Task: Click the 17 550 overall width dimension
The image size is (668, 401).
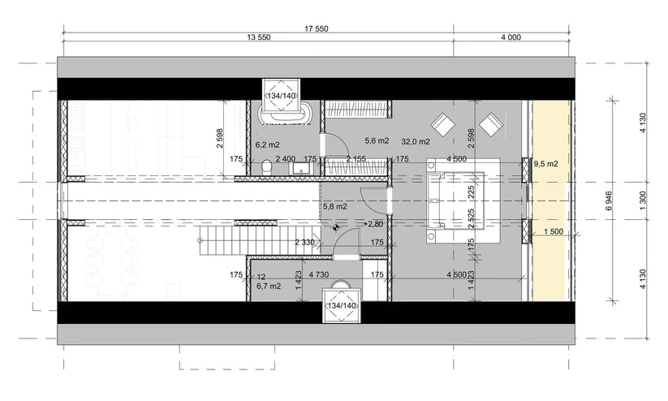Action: pyautogui.click(x=316, y=28)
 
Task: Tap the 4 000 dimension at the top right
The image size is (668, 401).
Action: pyautogui.click(x=510, y=38)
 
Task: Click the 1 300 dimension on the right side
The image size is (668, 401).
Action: pyautogui.click(x=643, y=201)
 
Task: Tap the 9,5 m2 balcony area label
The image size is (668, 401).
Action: pyautogui.click(x=545, y=164)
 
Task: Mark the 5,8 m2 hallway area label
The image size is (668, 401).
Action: pyautogui.click(x=335, y=207)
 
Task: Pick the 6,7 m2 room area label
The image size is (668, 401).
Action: pyautogui.click(x=268, y=287)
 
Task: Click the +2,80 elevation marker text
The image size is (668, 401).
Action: pyautogui.click(x=374, y=224)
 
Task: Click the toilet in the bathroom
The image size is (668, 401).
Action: pyautogui.click(x=268, y=167)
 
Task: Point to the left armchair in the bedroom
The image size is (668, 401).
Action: pyautogui.click(x=442, y=123)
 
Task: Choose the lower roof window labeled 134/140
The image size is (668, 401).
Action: pyautogui.click(x=341, y=304)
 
